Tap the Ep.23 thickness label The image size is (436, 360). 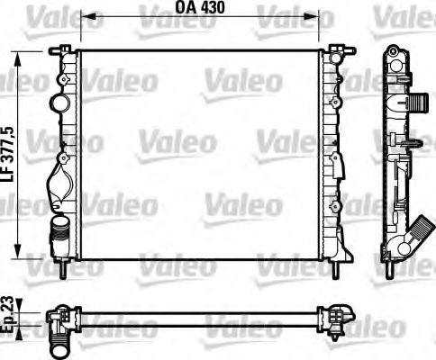pyautogui.click(x=9, y=316)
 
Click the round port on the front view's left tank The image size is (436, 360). pyautogui.click(x=60, y=102)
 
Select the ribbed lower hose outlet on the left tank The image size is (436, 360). pyautogui.click(x=59, y=236)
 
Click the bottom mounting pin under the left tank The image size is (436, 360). pyautogui.click(x=62, y=267)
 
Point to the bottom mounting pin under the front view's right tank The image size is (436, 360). pyautogui.click(x=336, y=267)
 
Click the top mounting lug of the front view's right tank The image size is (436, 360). pyautogui.click(x=338, y=47)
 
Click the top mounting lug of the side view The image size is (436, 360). pyautogui.click(x=395, y=49)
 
